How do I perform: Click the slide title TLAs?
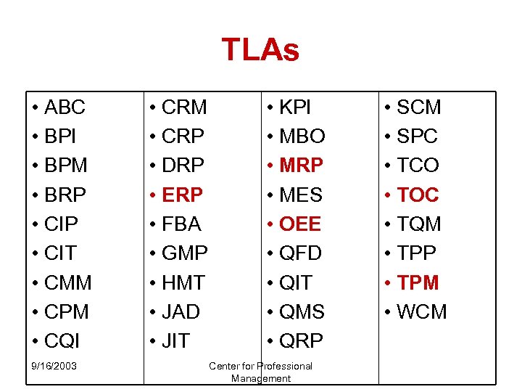[x=260, y=50]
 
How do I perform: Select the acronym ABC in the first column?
[x=65, y=107]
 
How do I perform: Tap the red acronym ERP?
[x=182, y=195]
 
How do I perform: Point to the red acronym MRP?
[x=301, y=166]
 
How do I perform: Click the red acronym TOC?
[x=418, y=195]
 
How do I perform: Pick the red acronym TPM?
[x=418, y=282]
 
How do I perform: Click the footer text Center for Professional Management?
[x=260, y=372]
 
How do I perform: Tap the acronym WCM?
[x=422, y=311]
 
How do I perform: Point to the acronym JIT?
[x=175, y=340]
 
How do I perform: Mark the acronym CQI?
[x=62, y=340]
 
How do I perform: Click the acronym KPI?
[x=295, y=107]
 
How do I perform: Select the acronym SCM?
[x=418, y=107]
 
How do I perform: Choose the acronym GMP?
[x=185, y=253]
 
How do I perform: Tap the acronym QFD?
[x=300, y=253]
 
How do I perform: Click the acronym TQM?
[x=418, y=224]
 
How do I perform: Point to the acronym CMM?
[x=68, y=282]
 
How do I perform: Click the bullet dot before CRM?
[x=153, y=107]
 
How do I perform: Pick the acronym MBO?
[x=302, y=136]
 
